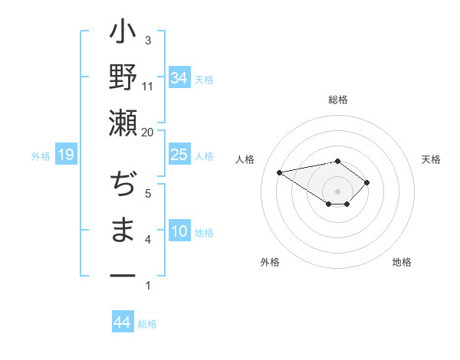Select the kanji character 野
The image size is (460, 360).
point(123,79)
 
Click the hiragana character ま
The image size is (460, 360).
point(123,230)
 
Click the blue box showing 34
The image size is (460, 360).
point(179,77)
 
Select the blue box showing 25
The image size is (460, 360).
point(179,155)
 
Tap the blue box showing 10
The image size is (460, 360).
point(179,232)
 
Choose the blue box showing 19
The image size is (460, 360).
point(66,155)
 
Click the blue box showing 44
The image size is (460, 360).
point(122,322)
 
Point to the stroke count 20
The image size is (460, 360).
point(148,132)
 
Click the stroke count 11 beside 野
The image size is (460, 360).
point(148,86)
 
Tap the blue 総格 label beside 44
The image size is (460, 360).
point(147,324)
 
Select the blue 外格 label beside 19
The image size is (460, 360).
point(41,156)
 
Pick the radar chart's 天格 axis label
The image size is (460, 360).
point(431,159)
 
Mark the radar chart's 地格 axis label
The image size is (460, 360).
point(402,262)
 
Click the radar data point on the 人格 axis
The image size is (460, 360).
point(280,172)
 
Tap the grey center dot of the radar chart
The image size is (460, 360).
point(337,190)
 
